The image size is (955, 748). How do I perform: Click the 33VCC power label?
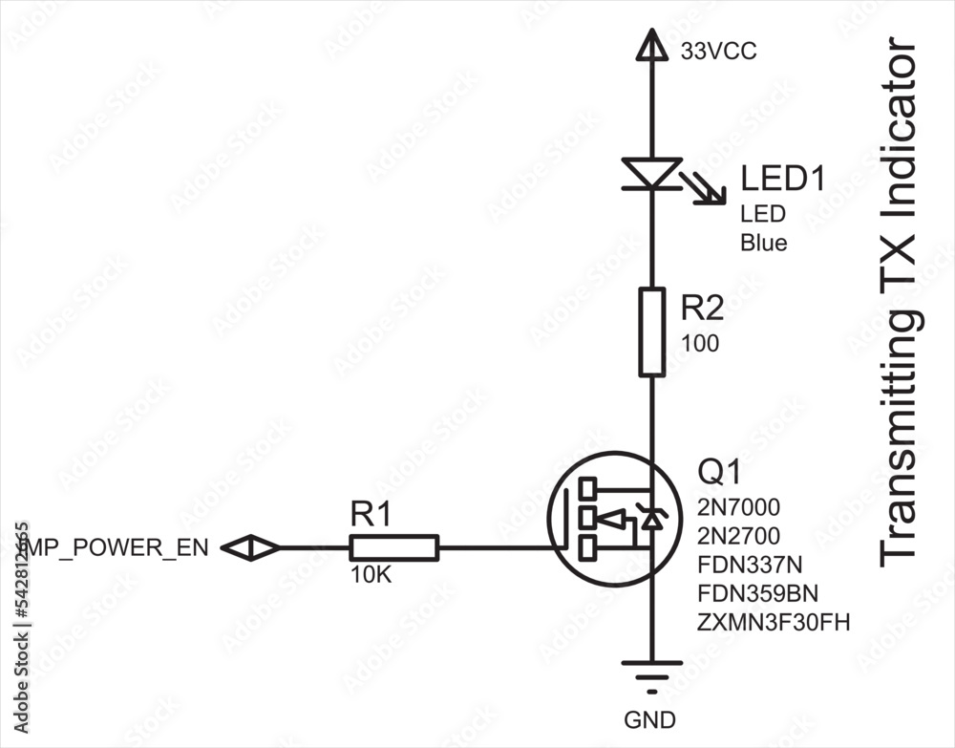(718, 52)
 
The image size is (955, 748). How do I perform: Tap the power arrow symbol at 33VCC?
(652, 45)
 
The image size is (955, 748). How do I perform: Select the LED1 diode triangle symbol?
(652, 173)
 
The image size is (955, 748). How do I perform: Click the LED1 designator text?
(782, 179)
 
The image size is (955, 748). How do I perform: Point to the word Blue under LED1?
(763, 243)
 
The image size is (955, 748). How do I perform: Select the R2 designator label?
(702, 308)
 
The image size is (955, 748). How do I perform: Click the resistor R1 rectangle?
(393, 547)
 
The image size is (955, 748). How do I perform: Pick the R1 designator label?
(371, 516)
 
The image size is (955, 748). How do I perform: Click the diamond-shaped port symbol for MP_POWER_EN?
(250, 547)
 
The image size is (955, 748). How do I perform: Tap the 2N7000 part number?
(738, 506)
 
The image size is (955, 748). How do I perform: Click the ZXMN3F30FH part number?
(773, 623)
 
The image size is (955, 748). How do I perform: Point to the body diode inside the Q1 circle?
(652, 519)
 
